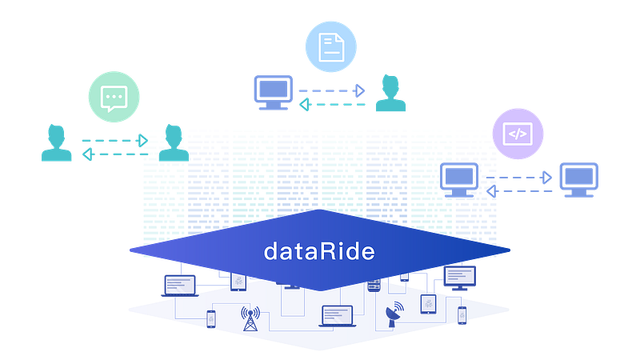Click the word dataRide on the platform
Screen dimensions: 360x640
(319, 252)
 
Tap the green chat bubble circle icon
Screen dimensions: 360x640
(114, 97)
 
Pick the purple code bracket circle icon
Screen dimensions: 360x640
(518, 134)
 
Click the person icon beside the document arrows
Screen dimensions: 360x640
(390, 94)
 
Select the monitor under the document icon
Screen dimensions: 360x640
(273, 91)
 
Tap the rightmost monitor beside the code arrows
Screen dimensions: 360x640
(578, 179)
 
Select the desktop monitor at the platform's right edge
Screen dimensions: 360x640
(459, 278)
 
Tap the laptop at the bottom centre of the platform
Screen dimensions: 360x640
(336, 315)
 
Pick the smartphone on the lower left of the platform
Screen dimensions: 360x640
(211, 319)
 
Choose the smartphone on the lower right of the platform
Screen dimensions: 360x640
(462, 317)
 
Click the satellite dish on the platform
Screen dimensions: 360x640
(392, 313)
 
